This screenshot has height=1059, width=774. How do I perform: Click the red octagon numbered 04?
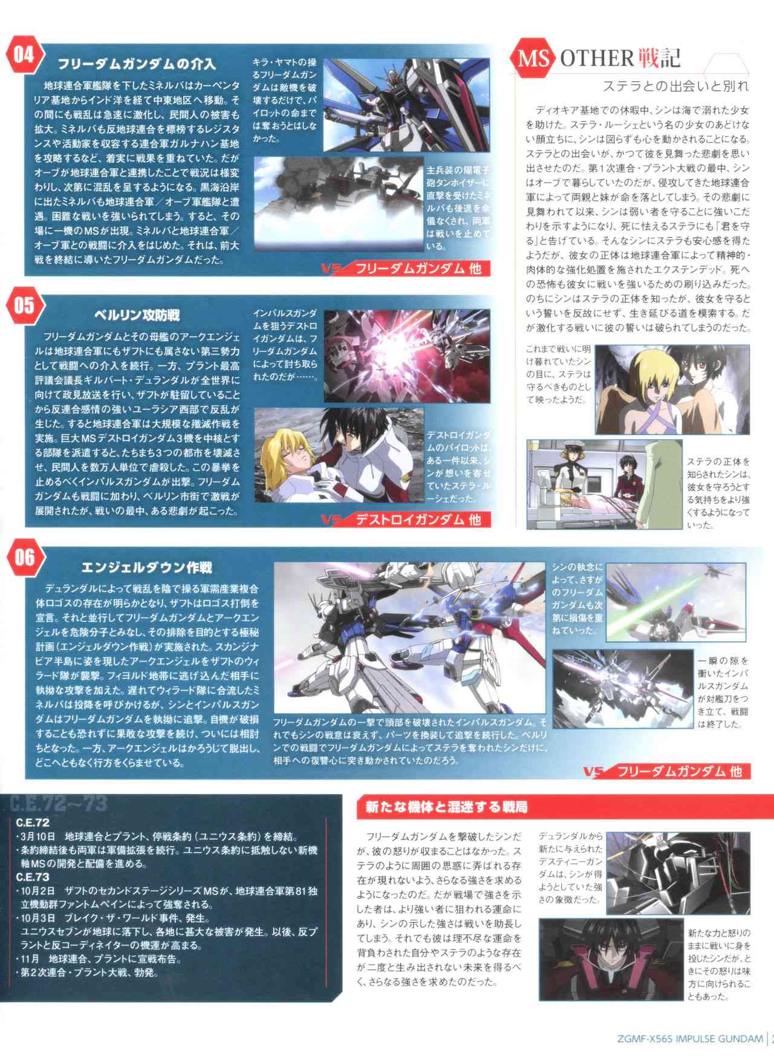pyautogui.click(x=24, y=55)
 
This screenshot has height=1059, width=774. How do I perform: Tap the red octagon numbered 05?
pyautogui.click(x=24, y=305)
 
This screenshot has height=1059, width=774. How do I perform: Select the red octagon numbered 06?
pyautogui.click(x=24, y=557)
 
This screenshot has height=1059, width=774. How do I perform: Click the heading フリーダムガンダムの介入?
pyautogui.click(x=137, y=64)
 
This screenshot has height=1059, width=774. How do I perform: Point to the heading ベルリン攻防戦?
pyautogui.click(x=137, y=315)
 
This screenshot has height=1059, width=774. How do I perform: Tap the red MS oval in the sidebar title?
pyautogui.click(x=534, y=58)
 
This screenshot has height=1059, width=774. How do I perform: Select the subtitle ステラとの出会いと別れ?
pyautogui.click(x=675, y=86)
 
